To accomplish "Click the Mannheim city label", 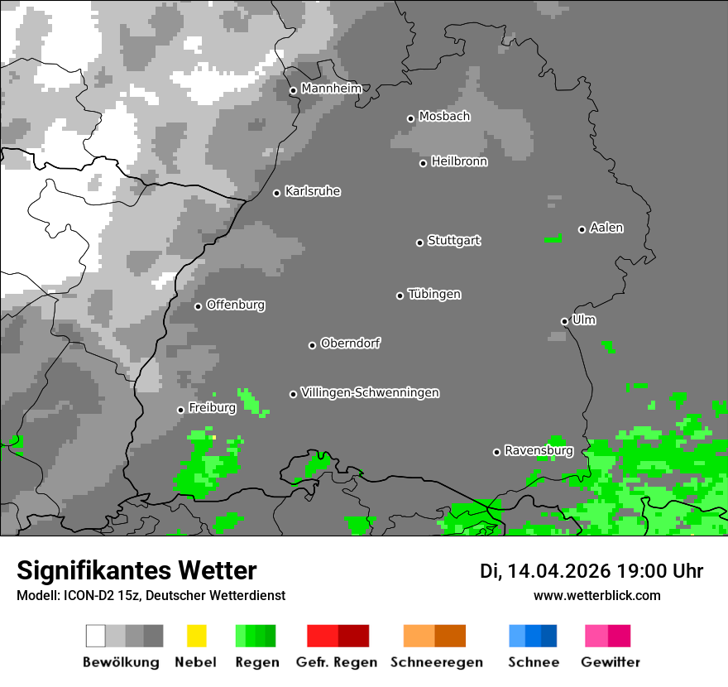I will coord(331,89).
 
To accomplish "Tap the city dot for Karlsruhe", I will coord(277,193).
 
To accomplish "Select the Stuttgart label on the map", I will coord(454,241).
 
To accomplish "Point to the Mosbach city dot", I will coord(410,118).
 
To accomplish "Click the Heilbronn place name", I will coord(459,161).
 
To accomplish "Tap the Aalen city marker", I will coord(582,229).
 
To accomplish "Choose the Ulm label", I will coord(584,319).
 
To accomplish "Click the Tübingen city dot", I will coord(400,295).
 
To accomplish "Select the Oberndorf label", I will coord(351,343).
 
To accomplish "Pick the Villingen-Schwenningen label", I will coord(370,392).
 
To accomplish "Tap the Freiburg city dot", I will coord(180,410).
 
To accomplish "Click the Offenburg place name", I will coord(236,305).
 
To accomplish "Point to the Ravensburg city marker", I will coord(496,452).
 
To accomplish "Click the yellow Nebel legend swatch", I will coord(196,636).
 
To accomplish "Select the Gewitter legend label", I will coord(611,662).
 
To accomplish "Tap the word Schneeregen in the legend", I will coord(437,662).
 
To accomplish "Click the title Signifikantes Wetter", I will coord(136,570).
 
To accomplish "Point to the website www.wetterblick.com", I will coord(596,595).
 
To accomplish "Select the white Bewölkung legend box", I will coord(96,636).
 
